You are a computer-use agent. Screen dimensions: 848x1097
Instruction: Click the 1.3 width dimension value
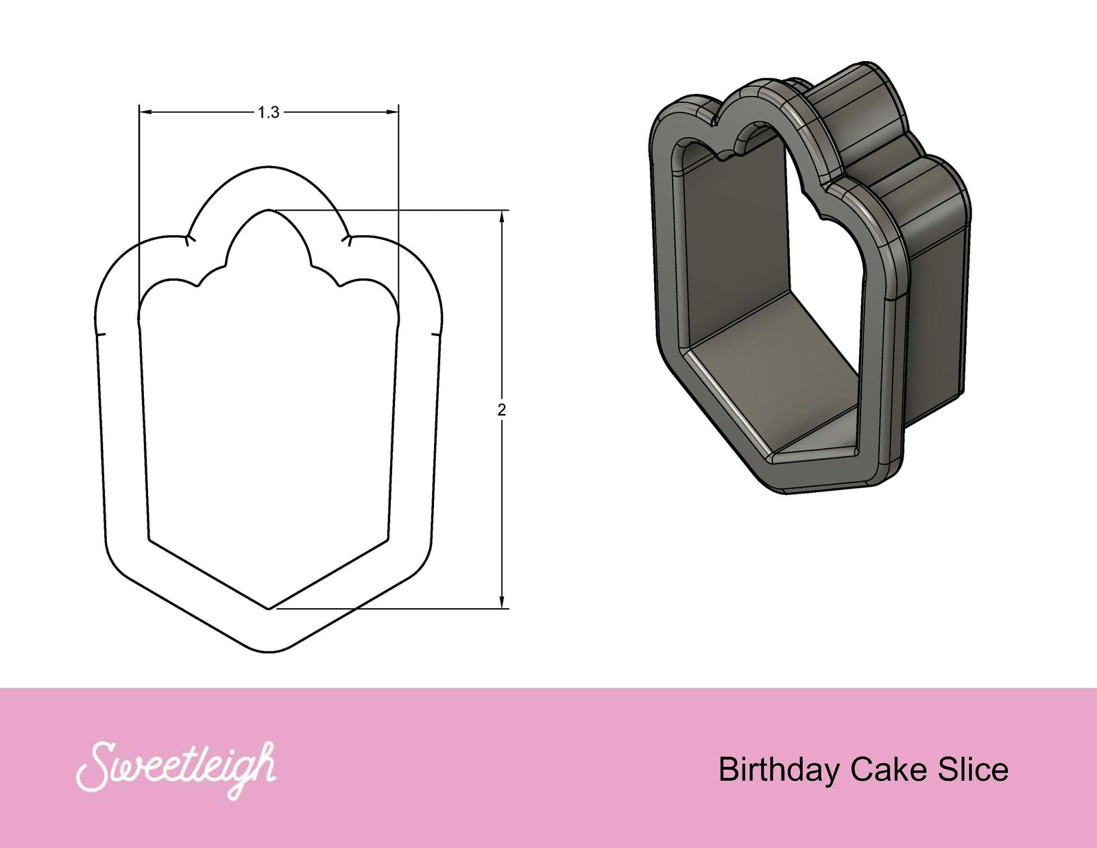click(269, 112)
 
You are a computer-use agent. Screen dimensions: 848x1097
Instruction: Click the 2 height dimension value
click(502, 410)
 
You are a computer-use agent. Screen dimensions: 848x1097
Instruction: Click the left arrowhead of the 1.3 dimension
click(145, 112)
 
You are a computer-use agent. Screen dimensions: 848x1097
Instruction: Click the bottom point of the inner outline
click(269, 607)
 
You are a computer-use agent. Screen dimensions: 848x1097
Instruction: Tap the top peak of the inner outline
click(269, 210)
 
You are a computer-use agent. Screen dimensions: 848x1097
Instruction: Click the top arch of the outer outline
click(269, 167)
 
